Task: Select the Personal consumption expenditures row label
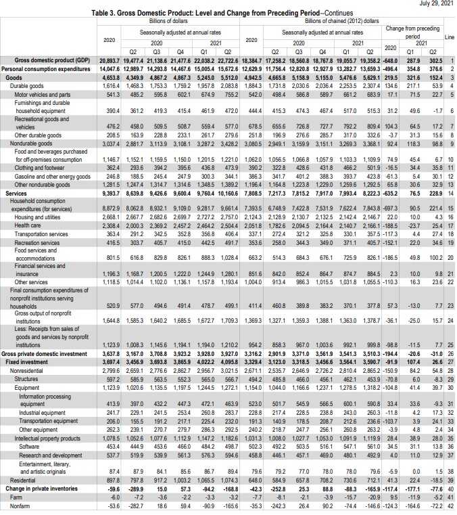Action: click(45, 69)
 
